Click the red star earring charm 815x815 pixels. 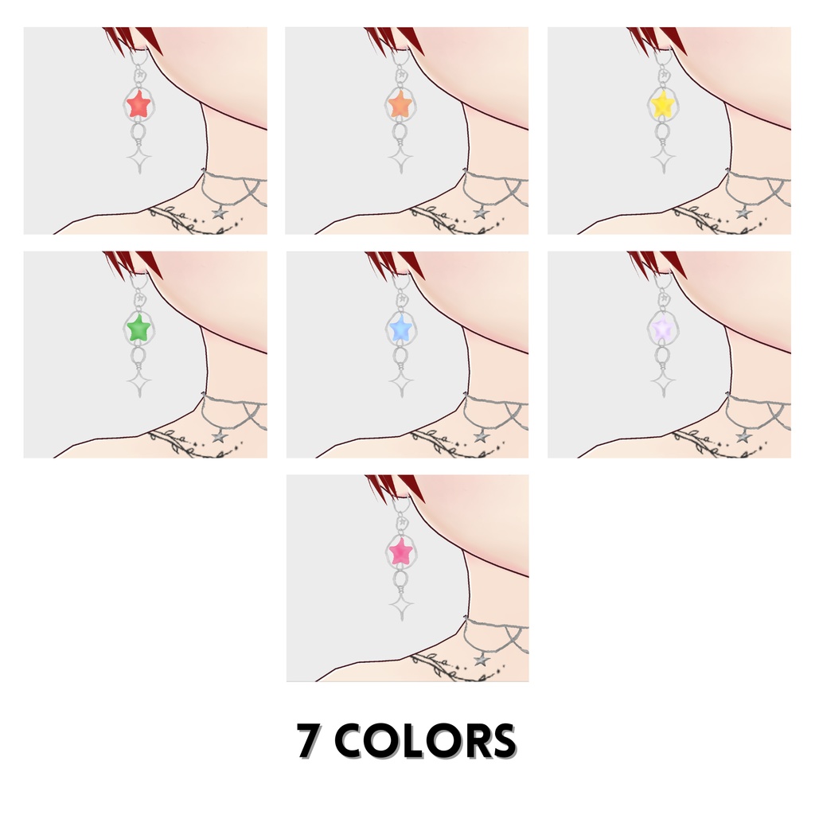138,103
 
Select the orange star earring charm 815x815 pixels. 400,103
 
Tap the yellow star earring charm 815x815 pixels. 662,103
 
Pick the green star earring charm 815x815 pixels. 138,327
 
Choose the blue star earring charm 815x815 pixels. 400,327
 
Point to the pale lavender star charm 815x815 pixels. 662,327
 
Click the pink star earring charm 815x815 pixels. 400,551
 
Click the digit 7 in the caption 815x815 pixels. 310,741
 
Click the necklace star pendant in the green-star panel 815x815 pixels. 219,436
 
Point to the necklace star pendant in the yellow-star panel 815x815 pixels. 743,213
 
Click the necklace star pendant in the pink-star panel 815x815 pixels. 481,660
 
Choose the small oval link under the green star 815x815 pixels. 138,355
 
